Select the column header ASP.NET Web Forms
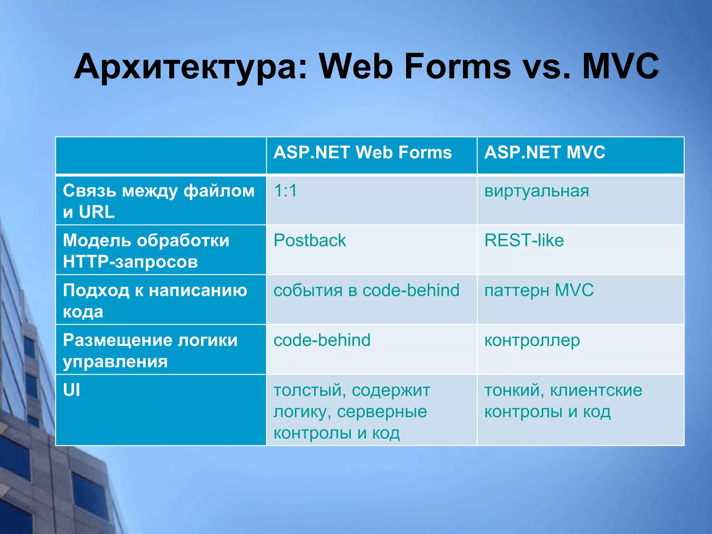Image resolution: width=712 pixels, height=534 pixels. pos(363,153)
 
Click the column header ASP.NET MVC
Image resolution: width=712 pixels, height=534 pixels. pos(545,153)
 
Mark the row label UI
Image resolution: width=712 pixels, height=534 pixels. pos(72,390)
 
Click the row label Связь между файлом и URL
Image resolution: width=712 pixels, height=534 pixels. pos(158,201)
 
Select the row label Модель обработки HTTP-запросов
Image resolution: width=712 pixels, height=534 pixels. pos(146,251)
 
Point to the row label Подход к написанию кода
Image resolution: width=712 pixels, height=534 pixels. pos(155,300)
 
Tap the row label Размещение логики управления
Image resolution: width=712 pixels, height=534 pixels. pos(150,350)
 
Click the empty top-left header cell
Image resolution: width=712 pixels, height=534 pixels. pos(161,155)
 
